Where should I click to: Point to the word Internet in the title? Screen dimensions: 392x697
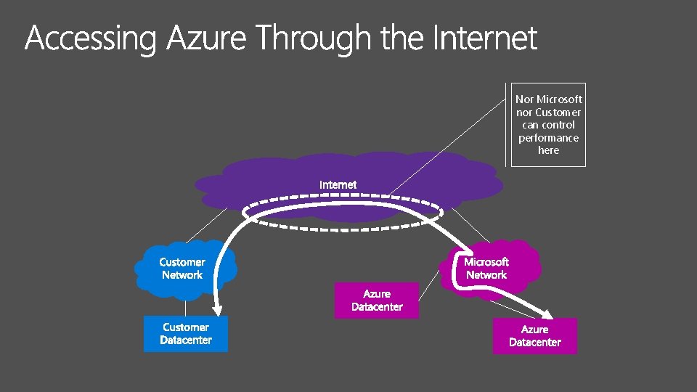point(484,38)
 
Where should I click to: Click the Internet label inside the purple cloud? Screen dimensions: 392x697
point(338,185)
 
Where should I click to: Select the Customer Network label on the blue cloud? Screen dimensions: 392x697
point(183,269)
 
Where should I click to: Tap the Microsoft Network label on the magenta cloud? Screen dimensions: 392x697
point(486,269)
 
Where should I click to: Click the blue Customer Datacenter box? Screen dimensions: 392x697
point(186,334)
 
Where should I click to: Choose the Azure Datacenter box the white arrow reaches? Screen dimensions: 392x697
point(535,336)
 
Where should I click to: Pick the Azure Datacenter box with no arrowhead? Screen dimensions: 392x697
point(377,301)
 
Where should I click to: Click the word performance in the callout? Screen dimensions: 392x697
point(549,138)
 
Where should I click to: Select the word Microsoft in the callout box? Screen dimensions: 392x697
point(559,99)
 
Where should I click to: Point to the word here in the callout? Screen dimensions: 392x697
point(549,150)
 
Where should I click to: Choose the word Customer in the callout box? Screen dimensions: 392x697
point(558,113)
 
